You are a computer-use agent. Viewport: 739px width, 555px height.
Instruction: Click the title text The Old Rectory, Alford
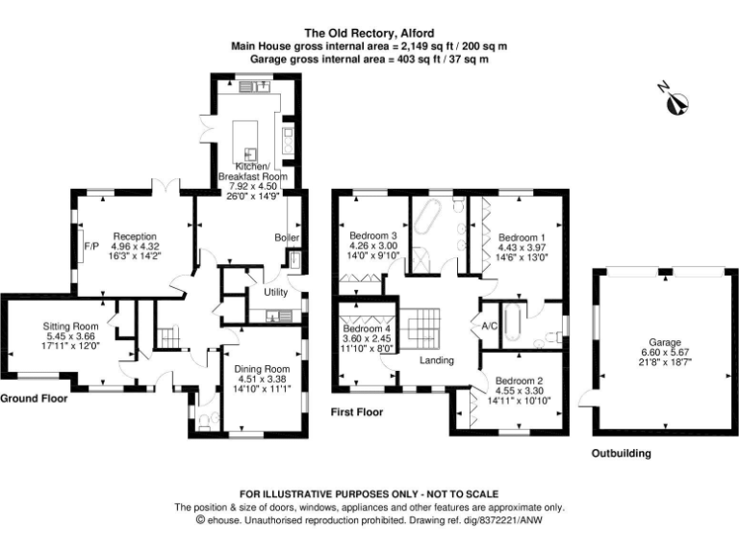(x=369, y=31)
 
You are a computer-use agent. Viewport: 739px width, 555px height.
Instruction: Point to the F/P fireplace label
(x=91, y=247)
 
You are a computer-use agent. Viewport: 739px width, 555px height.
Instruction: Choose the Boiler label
(x=287, y=238)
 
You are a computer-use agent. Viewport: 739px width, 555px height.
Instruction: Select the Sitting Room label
(x=71, y=326)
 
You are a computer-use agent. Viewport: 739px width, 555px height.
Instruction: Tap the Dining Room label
(x=263, y=368)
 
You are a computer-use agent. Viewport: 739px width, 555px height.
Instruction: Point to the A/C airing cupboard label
(x=489, y=327)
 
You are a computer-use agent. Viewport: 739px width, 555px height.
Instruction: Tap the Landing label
(x=436, y=361)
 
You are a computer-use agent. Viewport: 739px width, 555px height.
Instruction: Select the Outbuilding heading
(x=621, y=453)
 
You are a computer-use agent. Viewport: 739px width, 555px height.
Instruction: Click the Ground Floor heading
(x=34, y=398)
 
